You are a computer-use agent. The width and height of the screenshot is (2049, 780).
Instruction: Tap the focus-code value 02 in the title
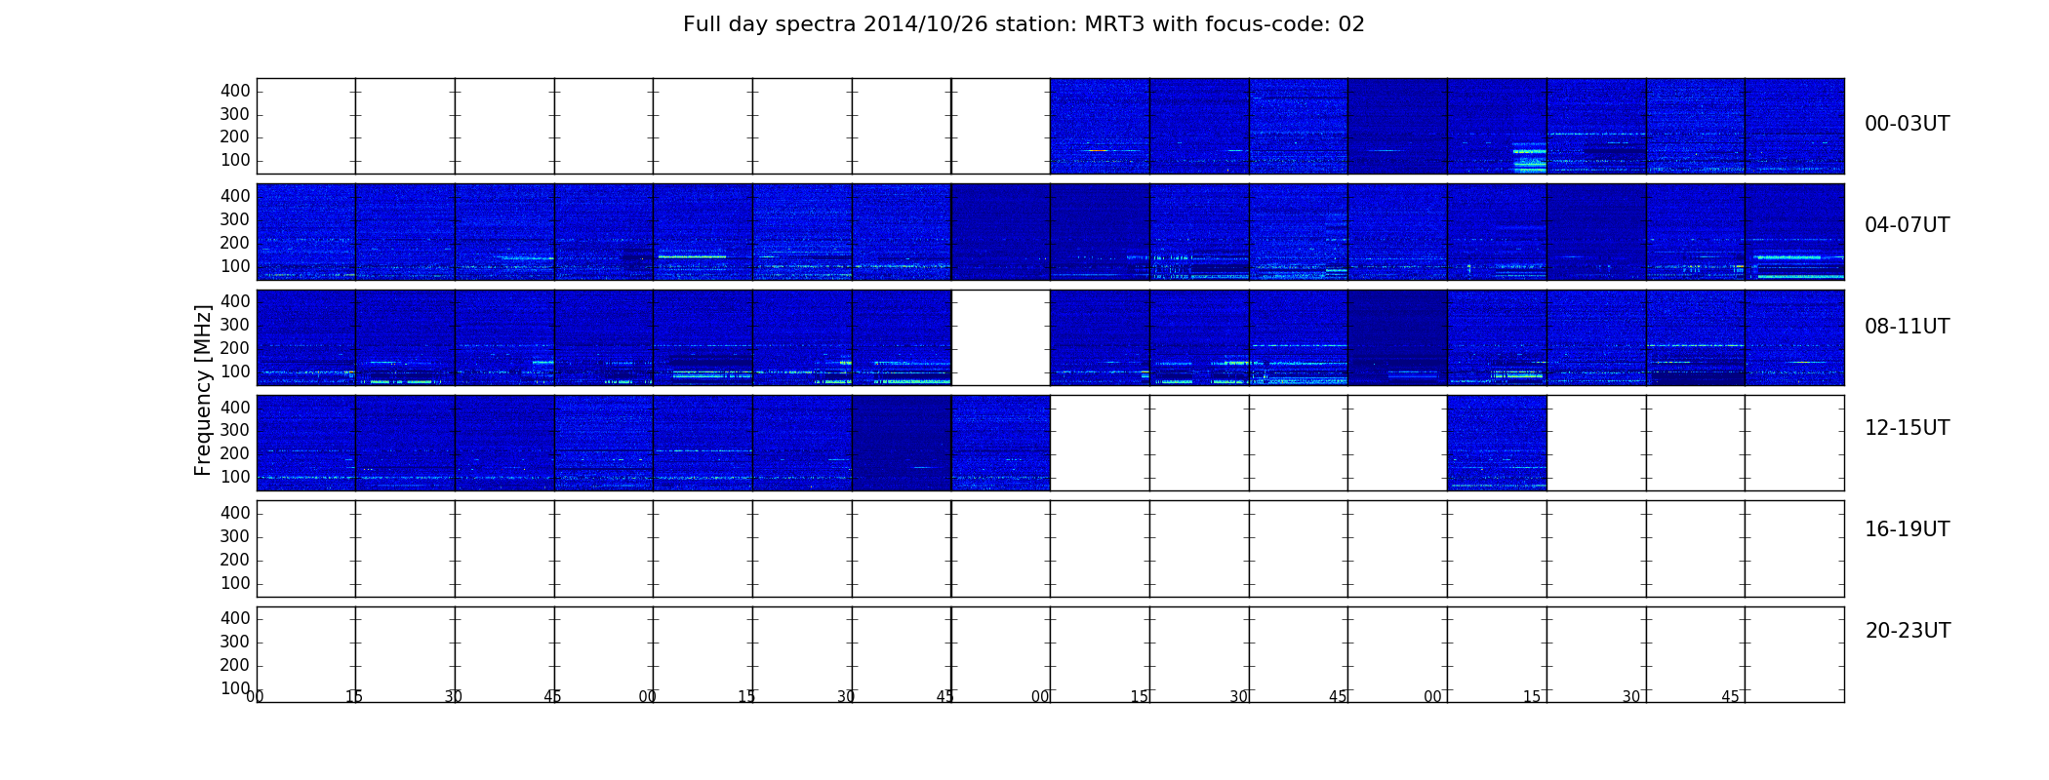click(1351, 24)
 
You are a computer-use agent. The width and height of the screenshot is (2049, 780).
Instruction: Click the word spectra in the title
click(816, 25)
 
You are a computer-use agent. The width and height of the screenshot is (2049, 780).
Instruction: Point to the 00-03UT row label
click(1907, 124)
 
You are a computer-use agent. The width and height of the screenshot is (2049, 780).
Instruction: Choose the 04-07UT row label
click(1907, 225)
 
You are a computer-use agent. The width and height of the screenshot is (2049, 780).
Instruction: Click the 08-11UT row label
click(1907, 327)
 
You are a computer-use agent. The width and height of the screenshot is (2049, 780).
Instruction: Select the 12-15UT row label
click(1907, 428)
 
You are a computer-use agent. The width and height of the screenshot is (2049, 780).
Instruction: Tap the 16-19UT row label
click(1907, 529)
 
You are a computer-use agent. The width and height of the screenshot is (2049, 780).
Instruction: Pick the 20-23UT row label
click(1908, 631)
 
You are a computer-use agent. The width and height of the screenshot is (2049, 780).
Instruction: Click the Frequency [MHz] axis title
click(203, 390)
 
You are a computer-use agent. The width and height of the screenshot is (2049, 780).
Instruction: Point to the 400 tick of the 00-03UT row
click(235, 91)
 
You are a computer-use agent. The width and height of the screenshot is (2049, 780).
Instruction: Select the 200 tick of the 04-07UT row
click(235, 243)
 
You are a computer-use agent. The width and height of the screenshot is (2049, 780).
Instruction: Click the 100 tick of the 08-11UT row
click(235, 371)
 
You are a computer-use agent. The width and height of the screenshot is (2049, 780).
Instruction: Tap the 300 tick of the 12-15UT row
click(235, 430)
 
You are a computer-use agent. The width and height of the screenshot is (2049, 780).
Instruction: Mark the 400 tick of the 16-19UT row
click(235, 513)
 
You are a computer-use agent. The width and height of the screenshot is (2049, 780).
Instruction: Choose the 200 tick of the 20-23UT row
click(235, 665)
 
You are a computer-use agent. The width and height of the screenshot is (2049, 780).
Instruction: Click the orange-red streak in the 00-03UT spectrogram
click(1098, 150)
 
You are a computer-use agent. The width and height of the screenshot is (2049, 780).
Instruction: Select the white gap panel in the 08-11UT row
click(1000, 337)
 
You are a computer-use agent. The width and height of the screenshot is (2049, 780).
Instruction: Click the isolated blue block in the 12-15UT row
click(1497, 443)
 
